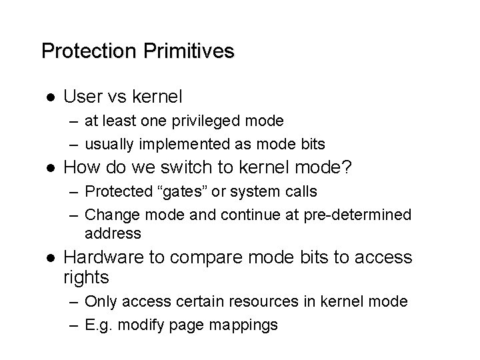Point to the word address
pyautogui.click(x=113, y=233)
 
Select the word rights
pyautogui.click(x=86, y=276)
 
